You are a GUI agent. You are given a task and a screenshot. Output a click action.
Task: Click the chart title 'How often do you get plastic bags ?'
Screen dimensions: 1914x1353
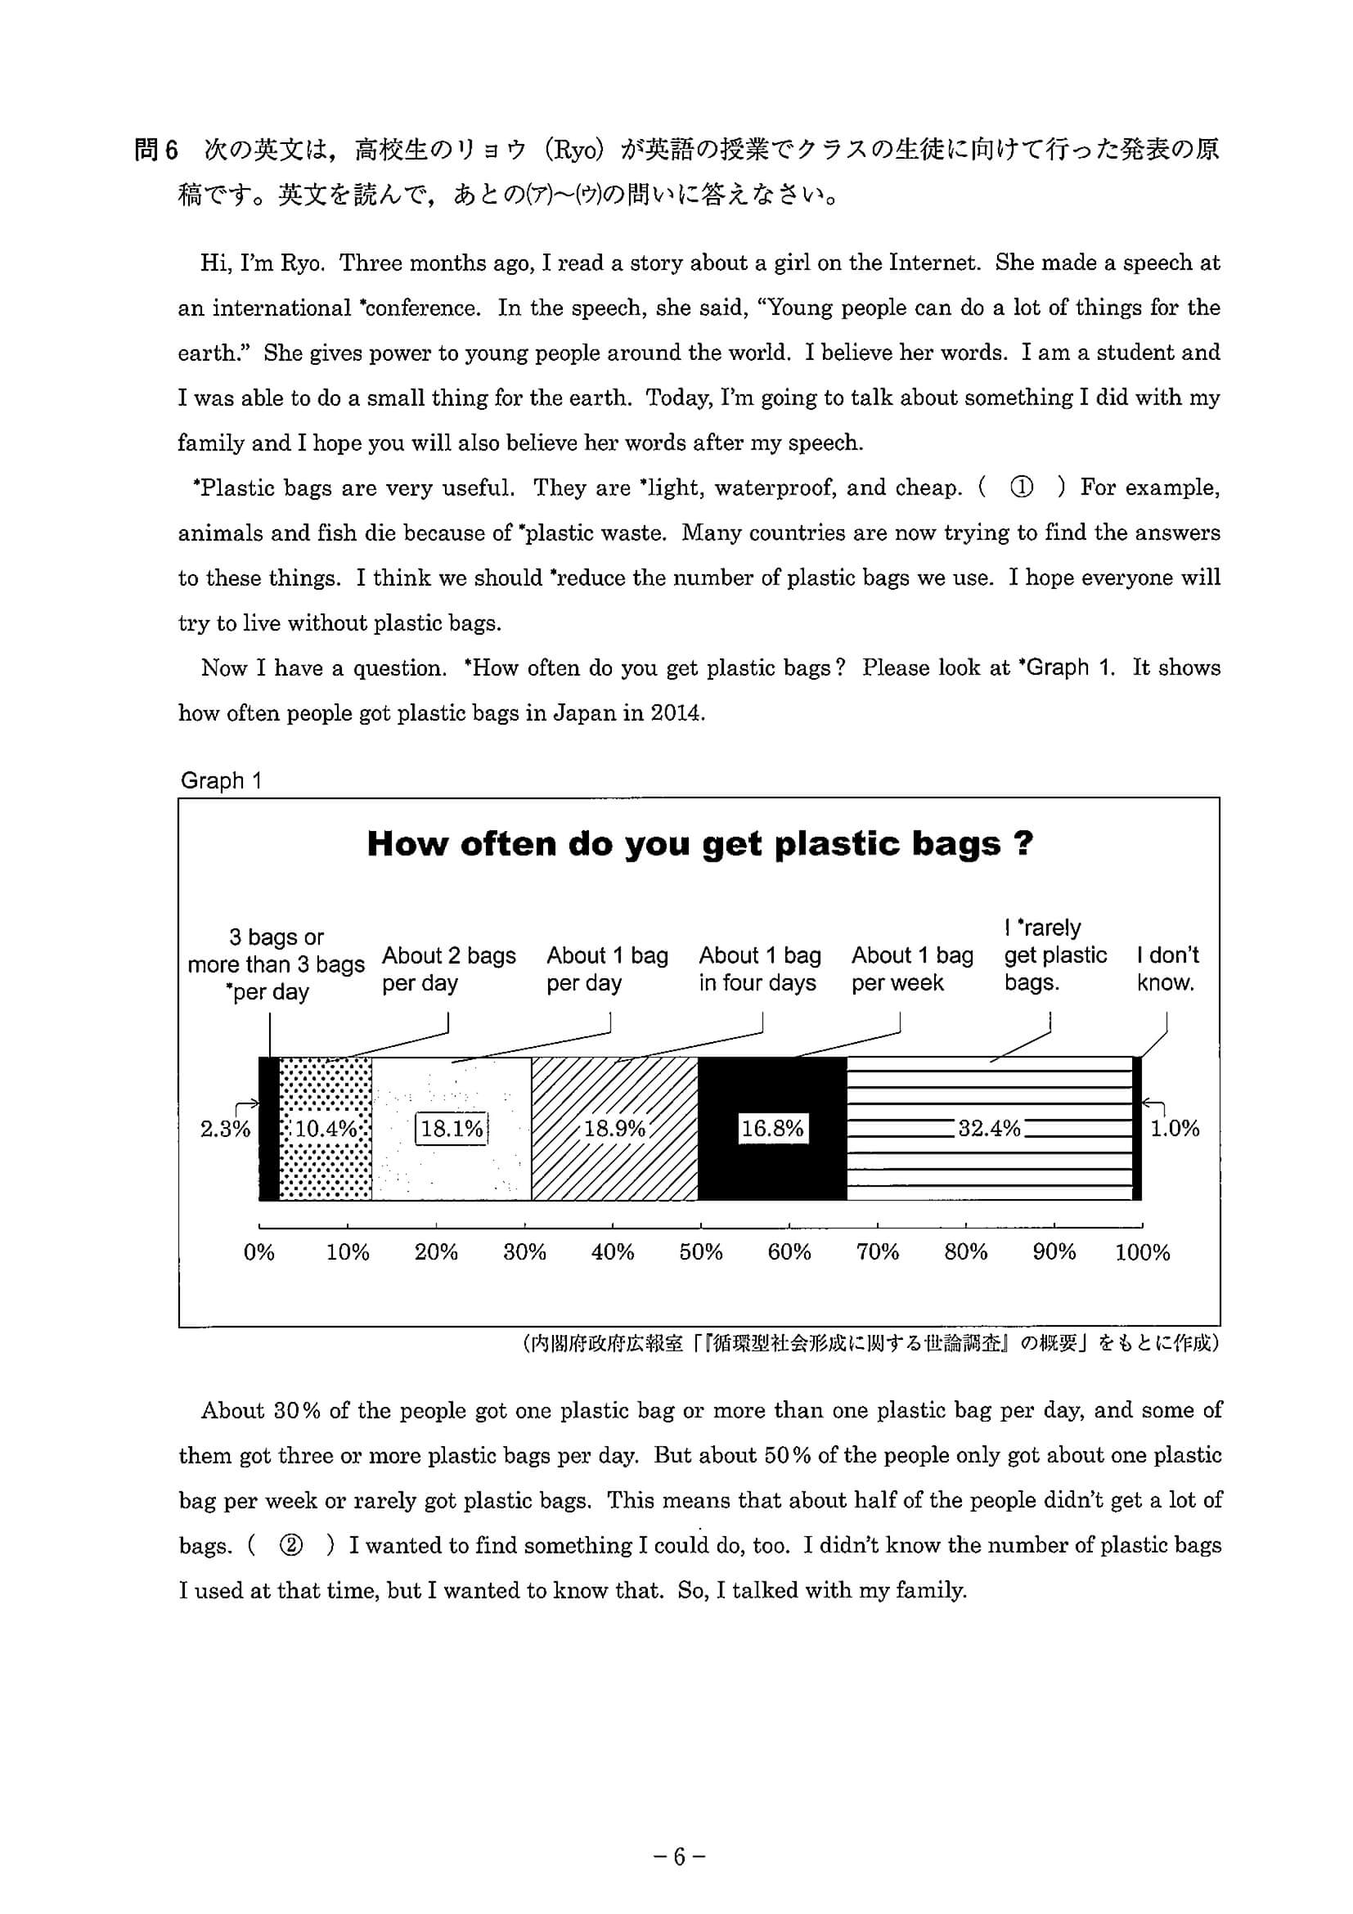pos(699,844)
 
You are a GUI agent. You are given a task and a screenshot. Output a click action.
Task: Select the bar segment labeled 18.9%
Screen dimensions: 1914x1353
pos(614,1129)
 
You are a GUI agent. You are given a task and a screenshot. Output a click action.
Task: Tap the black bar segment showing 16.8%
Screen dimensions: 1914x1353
pos(772,1129)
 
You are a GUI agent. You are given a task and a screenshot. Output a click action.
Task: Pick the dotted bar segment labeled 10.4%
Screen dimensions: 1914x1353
pos(325,1129)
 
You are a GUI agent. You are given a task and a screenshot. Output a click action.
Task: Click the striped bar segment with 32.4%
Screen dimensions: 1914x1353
pos(990,1129)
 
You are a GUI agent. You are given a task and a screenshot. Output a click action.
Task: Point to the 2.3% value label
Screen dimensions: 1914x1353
pos(224,1129)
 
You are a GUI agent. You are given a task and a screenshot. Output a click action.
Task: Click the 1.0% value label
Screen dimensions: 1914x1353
pos(1175,1129)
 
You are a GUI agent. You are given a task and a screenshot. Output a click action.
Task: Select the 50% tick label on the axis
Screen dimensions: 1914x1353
pos(700,1252)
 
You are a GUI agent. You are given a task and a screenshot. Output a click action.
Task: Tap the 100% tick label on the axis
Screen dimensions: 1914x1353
pos(1142,1252)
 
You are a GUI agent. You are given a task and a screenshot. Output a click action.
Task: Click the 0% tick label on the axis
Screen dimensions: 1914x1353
pos(259,1252)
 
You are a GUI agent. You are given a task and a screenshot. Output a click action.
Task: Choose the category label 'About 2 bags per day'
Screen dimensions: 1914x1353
pos(448,968)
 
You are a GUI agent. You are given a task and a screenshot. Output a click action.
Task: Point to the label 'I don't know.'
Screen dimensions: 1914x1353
pos(1167,968)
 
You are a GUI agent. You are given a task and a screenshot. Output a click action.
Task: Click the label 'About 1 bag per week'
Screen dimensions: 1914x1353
pos(912,968)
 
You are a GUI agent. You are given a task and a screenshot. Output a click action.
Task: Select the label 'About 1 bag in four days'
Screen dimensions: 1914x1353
pos(759,968)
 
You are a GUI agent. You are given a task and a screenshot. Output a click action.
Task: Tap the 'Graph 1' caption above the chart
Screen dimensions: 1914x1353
pos(221,781)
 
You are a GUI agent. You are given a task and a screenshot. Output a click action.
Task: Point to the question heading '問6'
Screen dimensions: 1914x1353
pos(157,150)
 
